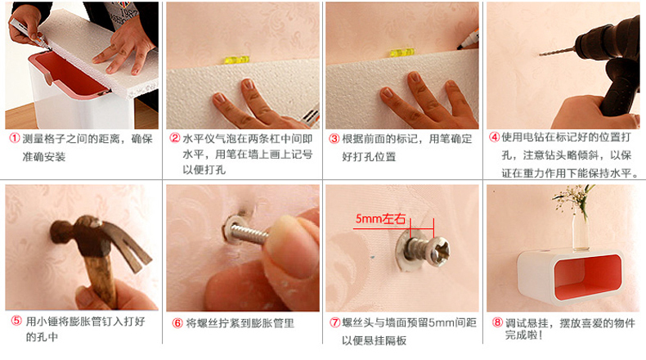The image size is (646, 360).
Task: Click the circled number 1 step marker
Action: [x=15, y=138]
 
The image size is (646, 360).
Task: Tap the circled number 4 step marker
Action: [x=494, y=137]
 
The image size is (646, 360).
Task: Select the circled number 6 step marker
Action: [x=177, y=323]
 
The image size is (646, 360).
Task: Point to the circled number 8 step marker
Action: [x=497, y=322]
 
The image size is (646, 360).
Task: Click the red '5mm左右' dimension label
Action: [x=380, y=218]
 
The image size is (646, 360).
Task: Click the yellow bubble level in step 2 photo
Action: [x=237, y=60]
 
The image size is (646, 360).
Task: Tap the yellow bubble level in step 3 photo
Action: [x=402, y=53]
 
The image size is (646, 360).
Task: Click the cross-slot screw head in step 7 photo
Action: [x=439, y=250]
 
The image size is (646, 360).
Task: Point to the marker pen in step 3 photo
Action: [x=468, y=40]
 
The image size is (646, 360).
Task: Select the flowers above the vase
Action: [x=574, y=197]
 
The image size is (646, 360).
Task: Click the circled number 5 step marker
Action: [x=16, y=321]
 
